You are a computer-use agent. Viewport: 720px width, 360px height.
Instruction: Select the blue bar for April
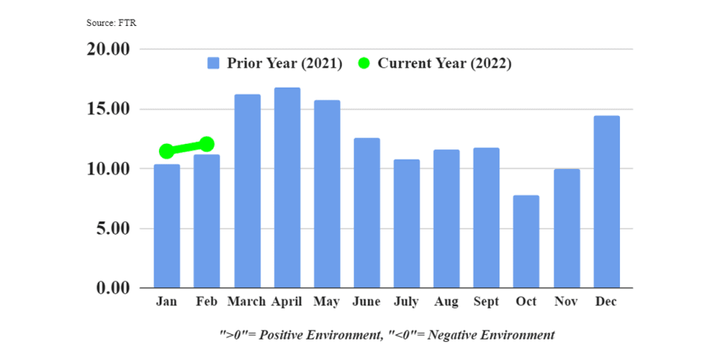286,188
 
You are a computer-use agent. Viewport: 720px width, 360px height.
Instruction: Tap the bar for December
607,202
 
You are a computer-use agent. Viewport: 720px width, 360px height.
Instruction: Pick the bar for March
247,191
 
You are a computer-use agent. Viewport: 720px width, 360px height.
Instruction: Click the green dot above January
167,151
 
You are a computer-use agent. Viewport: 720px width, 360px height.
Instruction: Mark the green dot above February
207,144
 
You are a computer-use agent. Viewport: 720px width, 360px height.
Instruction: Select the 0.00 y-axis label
112,288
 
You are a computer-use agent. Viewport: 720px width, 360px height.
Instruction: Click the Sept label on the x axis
487,301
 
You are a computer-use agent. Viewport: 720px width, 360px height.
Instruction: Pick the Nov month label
567,301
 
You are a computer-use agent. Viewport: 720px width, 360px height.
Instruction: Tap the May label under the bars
326,301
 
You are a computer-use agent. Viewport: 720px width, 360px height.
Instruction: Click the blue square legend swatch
213,63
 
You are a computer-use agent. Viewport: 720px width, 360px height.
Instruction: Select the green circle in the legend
364,63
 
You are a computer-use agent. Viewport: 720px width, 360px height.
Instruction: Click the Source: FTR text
111,23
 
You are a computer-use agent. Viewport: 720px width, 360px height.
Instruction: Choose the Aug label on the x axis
446,301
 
